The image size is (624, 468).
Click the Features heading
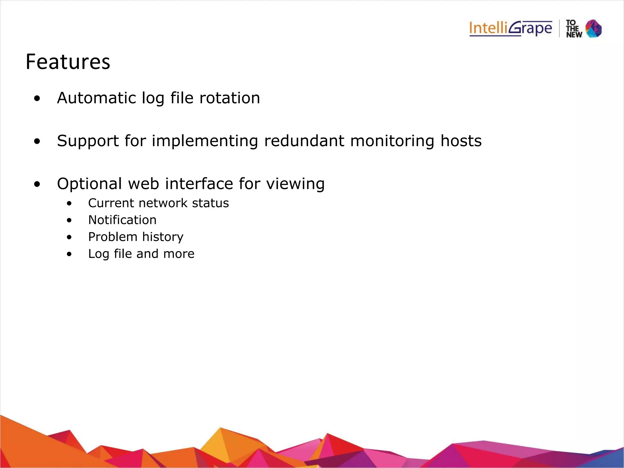(68, 62)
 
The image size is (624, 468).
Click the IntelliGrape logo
(510, 29)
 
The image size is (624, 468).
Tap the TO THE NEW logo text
(574, 29)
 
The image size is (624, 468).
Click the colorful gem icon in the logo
(594, 29)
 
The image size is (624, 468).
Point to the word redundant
(304, 141)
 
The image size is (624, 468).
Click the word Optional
(90, 184)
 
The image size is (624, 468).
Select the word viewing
(295, 184)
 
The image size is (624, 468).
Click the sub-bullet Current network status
(158, 203)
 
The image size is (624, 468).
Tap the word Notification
(122, 220)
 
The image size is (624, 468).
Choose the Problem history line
(136, 237)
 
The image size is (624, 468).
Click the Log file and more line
(141, 254)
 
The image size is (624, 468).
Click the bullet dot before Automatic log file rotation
(37, 99)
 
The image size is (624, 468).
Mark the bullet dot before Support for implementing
(37, 141)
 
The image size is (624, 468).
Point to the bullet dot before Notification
(69, 220)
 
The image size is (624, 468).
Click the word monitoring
(392, 141)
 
